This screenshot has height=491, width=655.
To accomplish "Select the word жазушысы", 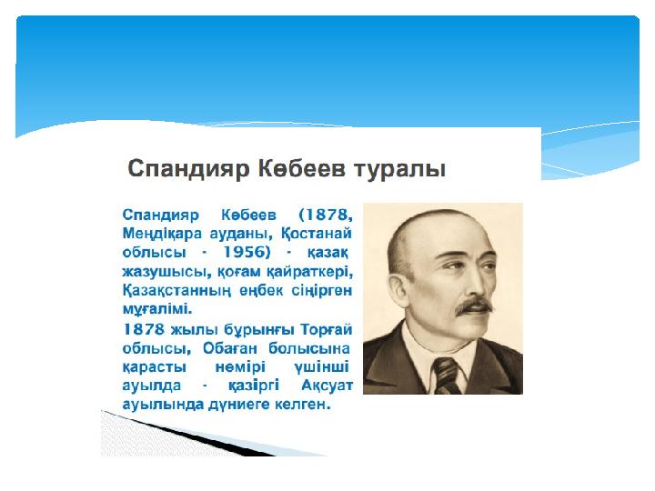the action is click(167, 272).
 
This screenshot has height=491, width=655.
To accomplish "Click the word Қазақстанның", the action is click(176, 291).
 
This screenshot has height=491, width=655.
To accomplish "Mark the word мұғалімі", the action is click(157, 309).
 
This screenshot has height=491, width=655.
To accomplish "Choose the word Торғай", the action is click(327, 329).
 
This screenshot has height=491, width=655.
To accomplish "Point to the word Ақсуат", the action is click(327, 386).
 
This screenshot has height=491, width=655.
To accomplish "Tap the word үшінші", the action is click(322, 367).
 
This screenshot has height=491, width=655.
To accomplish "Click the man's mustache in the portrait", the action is click(474, 306).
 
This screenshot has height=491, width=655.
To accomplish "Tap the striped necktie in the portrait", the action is click(446, 376).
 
